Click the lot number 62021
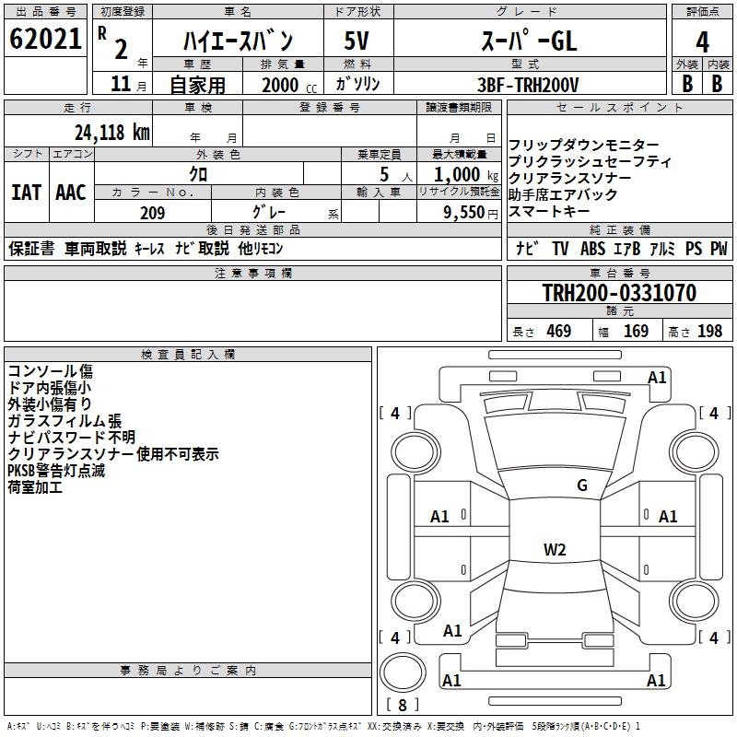click(45, 40)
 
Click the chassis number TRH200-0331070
click(619, 293)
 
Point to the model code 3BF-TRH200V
click(528, 85)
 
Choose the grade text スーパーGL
click(528, 41)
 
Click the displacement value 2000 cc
click(280, 85)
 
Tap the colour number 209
click(152, 213)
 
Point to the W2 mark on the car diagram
click(555, 550)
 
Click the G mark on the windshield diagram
click(581, 485)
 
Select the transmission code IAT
click(27, 192)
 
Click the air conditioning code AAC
click(71, 192)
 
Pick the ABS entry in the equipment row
click(594, 249)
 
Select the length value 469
click(558, 332)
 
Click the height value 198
click(710, 332)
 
